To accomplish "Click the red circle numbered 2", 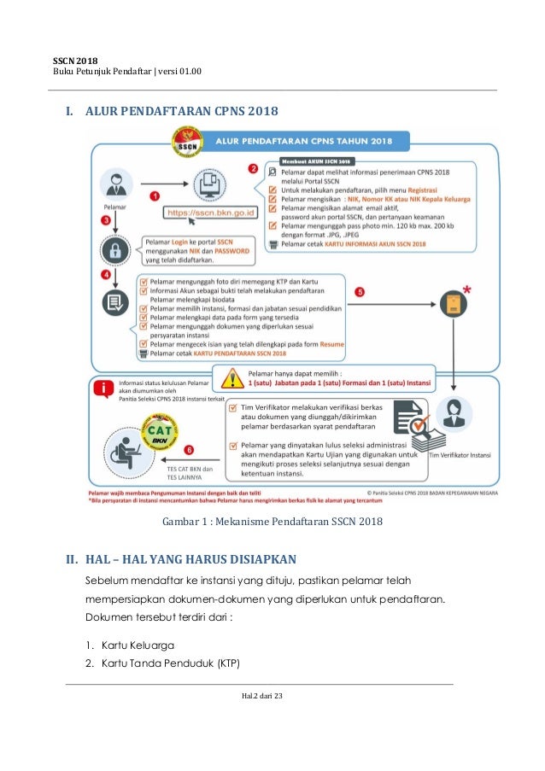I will (x=253, y=169).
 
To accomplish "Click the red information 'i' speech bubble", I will (x=104, y=389).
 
